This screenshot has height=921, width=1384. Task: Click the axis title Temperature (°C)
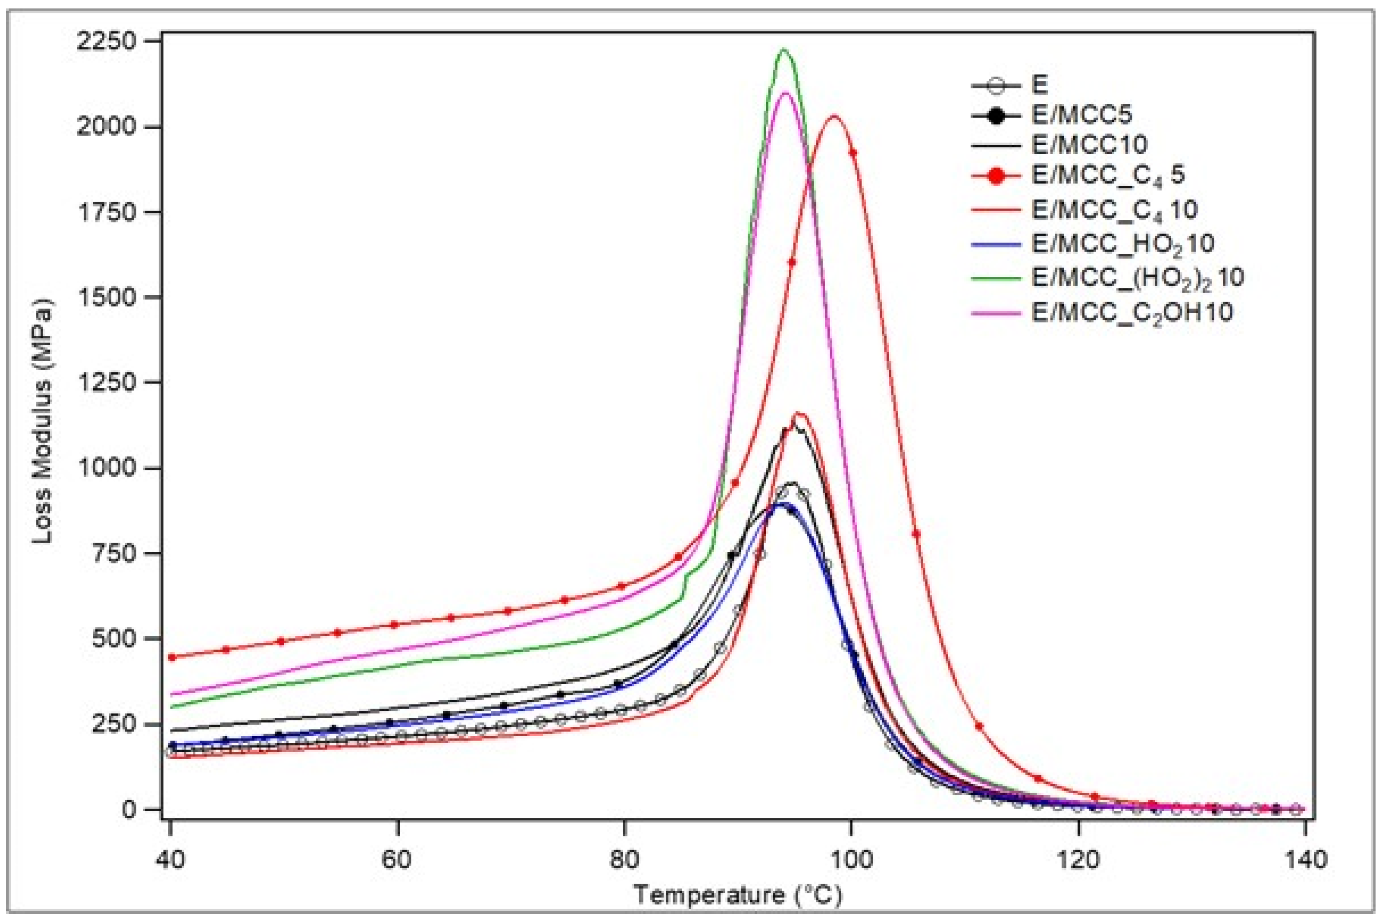pos(738,895)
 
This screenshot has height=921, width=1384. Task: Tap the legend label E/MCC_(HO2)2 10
pos(1138,277)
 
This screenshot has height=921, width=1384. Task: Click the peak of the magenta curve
pos(785,93)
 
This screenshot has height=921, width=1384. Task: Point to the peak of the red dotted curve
pos(833,116)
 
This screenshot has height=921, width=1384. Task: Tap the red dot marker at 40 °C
pos(172,657)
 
